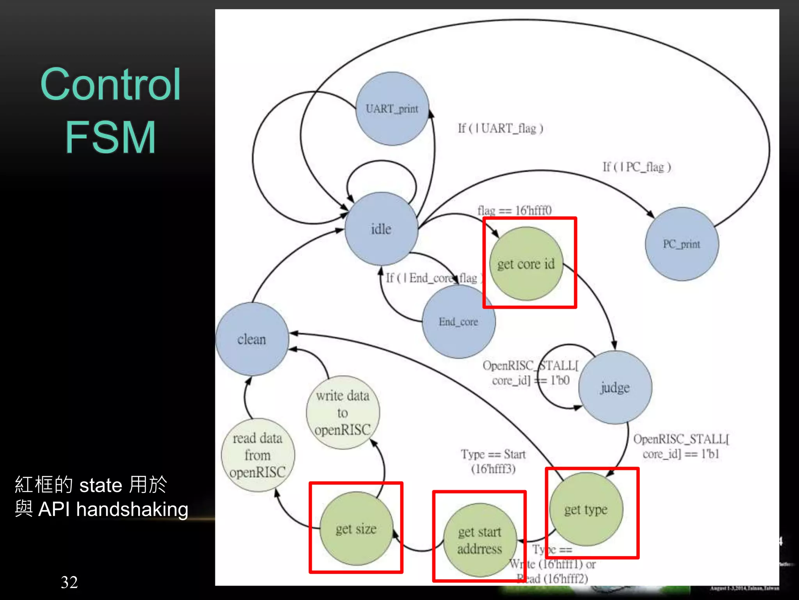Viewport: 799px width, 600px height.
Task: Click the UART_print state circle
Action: coord(392,109)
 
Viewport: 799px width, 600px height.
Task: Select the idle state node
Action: coord(381,229)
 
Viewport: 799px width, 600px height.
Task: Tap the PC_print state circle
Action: coord(682,244)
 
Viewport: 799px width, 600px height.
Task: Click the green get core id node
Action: coord(526,264)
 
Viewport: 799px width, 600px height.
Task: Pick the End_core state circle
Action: coord(458,321)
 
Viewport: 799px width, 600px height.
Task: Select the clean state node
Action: coord(252,339)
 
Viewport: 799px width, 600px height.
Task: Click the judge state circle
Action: coord(615,387)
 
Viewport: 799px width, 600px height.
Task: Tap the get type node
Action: coord(586,509)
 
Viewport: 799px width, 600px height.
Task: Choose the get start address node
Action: coord(480,540)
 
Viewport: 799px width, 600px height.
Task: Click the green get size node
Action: coord(356,529)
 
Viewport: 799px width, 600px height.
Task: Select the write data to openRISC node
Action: coord(343,412)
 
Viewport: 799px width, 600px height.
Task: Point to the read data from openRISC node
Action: coord(257,455)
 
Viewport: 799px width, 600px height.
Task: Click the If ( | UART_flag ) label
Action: coord(501,128)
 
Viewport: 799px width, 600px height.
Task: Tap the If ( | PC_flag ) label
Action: coord(637,167)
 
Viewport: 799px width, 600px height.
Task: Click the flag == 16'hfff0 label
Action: coord(514,211)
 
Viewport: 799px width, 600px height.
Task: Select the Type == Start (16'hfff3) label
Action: coord(493,461)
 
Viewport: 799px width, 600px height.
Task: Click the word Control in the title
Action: coord(110,84)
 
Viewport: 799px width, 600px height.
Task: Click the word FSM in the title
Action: coord(110,137)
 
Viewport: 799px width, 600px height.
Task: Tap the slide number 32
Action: coord(69,582)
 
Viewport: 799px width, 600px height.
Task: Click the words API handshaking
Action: coord(113,509)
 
